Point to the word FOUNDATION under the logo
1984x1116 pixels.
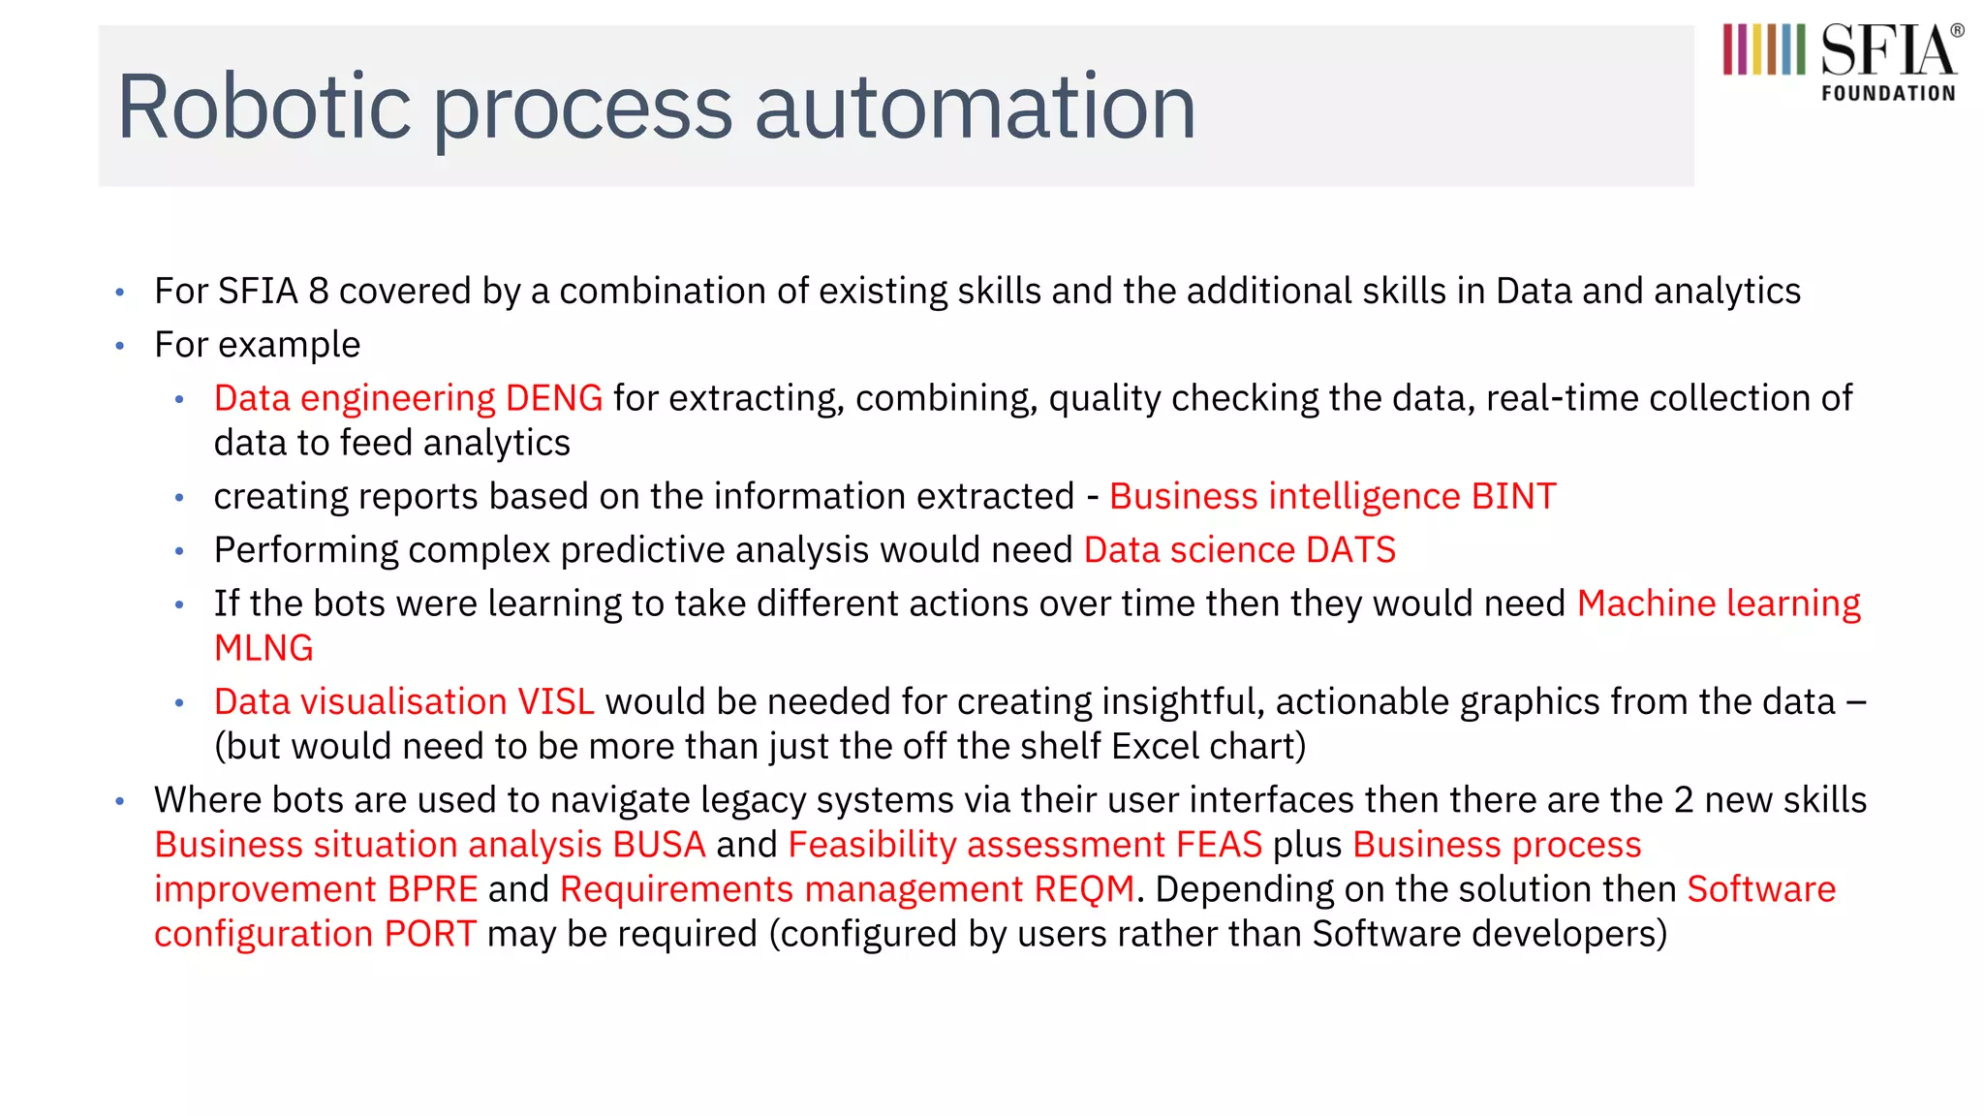(x=1888, y=94)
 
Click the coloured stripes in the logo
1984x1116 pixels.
(x=1763, y=50)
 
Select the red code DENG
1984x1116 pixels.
(x=554, y=398)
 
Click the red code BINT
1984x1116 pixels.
(x=1513, y=496)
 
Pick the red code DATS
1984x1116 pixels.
(x=1350, y=550)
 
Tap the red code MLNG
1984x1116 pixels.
(x=263, y=648)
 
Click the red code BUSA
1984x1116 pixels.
(x=659, y=845)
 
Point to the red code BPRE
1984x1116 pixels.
(x=432, y=889)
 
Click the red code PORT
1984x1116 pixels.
(x=430, y=934)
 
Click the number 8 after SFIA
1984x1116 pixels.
(x=319, y=292)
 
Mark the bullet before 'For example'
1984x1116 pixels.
(x=120, y=346)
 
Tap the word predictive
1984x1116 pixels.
(x=642, y=550)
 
